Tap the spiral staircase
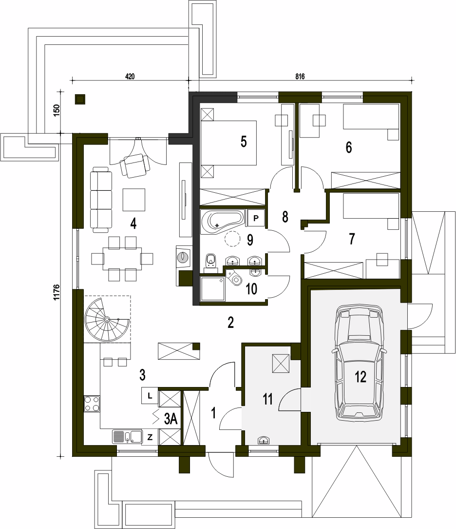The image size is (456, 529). (106, 320)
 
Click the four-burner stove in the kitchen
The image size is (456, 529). (92, 404)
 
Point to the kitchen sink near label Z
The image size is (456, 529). (127, 437)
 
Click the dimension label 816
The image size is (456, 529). (300, 77)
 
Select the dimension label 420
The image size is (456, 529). (130, 77)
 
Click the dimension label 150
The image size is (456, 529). (56, 111)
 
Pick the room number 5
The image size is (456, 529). (244, 142)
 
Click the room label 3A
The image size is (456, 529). (171, 419)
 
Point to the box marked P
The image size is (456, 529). (256, 218)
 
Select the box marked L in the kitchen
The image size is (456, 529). (150, 396)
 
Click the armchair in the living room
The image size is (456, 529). (135, 165)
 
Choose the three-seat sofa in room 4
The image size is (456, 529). (101, 200)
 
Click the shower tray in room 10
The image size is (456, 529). (212, 288)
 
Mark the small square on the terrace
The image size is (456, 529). (80, 99)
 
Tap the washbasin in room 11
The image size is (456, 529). (265, 440)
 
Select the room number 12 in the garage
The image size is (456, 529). (360, 377)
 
